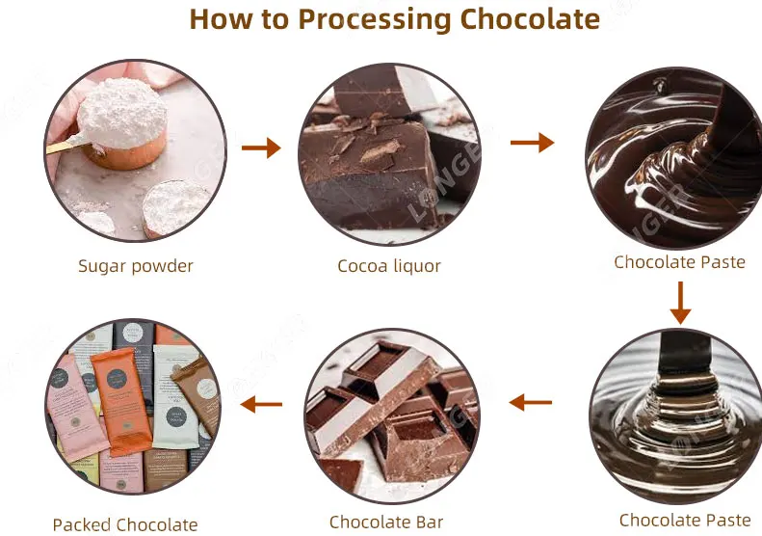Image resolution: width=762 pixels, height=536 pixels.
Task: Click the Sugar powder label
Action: click(136, 266)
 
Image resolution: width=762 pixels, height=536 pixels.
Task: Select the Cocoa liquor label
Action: click(389, 266)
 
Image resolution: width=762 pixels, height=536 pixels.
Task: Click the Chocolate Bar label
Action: click(385, 522)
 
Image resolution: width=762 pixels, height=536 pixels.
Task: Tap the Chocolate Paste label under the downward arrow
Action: click(685, 521)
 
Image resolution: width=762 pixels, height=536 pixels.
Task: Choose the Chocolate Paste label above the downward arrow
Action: click(680, 262)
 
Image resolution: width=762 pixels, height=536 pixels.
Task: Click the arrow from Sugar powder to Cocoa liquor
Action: click(261, 147)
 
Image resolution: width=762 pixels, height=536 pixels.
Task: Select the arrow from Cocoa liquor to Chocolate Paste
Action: click(532, 143)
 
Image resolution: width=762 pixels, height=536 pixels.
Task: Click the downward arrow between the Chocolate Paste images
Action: click(680, 303)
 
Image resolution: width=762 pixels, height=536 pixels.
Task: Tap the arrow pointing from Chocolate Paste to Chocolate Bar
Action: click(531, 402)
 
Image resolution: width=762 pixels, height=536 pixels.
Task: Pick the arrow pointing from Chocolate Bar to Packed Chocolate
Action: click(261, 404)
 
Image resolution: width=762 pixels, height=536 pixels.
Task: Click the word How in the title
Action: click(213, 19)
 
